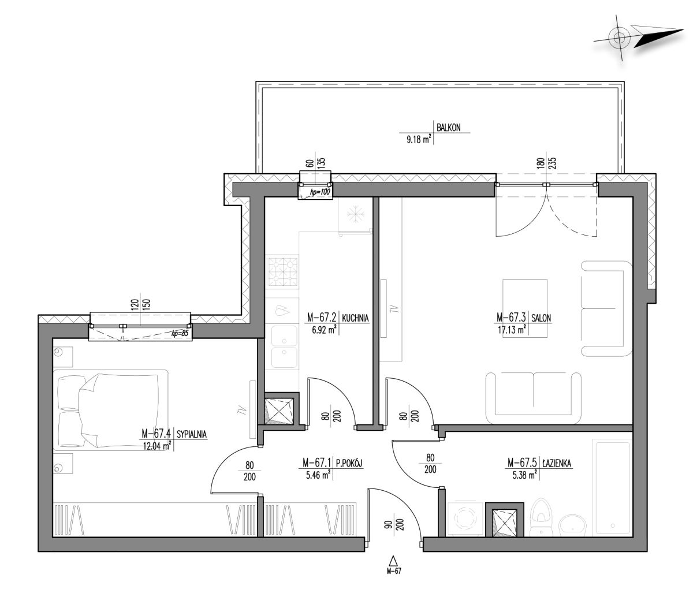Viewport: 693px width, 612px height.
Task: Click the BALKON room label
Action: pos(448,128)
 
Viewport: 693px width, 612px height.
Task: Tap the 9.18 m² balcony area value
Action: pos(418,139)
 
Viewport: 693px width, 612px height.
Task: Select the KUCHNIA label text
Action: pos(355,318)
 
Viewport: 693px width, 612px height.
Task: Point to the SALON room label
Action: pos(541,318)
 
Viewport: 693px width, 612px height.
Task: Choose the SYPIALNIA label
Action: pos(192,434)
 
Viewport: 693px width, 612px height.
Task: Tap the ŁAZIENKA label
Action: pos(557,463)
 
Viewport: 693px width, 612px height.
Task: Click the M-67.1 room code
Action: pos(316,463)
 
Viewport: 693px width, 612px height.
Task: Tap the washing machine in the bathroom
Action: pos(465,519)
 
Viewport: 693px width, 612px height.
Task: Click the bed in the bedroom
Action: pos(111,410)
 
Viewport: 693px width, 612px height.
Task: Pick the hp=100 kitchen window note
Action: pos(320,192)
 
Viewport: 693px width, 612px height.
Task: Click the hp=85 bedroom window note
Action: pos(180,333)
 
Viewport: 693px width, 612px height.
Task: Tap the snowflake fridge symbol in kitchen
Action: pos(355,215)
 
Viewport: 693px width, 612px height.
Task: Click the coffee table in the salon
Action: pos(524,308)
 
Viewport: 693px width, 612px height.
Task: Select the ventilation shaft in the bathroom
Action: pos(504,519)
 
